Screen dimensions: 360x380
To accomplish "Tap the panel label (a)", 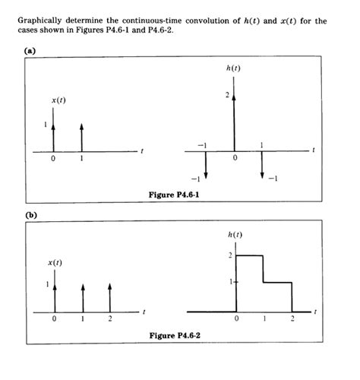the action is coord(28,52).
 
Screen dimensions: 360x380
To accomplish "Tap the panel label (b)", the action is coord(28,215).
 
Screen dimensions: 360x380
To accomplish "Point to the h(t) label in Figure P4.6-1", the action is coord(234,69).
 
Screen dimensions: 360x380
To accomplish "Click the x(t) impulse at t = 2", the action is coord(110,297).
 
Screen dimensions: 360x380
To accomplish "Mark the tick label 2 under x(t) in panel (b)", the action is coord(110,320).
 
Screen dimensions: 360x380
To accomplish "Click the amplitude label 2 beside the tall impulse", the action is coord(226,95).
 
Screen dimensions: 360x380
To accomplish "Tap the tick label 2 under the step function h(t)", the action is coord(291,320).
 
